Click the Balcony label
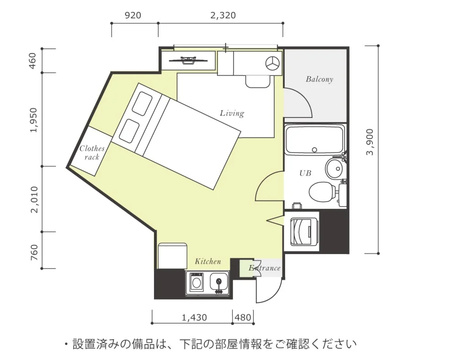coord(319,79)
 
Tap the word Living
coord(232,113)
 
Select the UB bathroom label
coord(305,173)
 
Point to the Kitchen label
coord(208,261)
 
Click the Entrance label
coord(265,268)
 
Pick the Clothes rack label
coord(92,153)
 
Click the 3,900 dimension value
coord(370,142)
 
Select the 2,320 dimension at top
coord(223,15)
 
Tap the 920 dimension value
coord(133,15)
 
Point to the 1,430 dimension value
coord(194,317)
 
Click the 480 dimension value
coord(243,317)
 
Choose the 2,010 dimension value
coord(34,200)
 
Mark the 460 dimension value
coord(33,61)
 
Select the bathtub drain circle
coord(314,149)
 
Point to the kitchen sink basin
coord(219,281)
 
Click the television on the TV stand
coord(188,60)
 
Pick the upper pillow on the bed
coord(142,104)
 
